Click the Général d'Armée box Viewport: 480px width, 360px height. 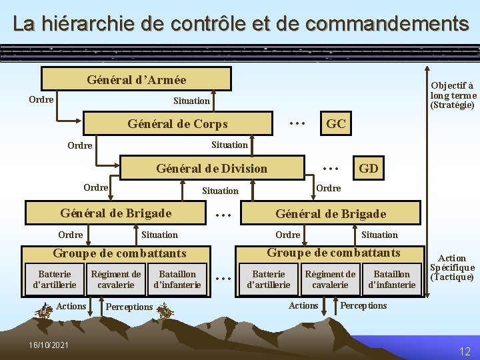point(136,79)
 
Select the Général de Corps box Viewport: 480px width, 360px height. point(178,123)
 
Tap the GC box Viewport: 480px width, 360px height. point(335,123)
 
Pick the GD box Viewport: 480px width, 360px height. point(368,168)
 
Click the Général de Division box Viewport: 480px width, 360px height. point(211,168)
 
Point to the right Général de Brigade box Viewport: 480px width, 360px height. point(331,213)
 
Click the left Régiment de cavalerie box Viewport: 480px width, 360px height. point(116,279)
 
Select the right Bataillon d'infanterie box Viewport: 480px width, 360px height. point(391,279)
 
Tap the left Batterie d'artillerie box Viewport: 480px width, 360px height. point(55,279)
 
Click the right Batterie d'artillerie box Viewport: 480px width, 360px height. point(269,279)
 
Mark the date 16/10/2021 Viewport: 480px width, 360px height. point(49,345)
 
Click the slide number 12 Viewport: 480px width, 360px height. point(465,351)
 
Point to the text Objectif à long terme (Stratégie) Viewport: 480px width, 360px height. point(453,95)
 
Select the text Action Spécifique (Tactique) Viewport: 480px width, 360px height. point(452,267)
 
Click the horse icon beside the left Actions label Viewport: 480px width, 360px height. point(45,309)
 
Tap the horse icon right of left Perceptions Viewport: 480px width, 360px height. point(165,310)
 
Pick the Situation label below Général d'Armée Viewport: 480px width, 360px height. point(191,101)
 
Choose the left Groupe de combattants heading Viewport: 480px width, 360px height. point(119,253)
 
